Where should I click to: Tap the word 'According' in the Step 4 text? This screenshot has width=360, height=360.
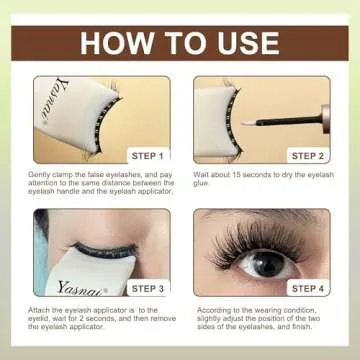tap(212, 311)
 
